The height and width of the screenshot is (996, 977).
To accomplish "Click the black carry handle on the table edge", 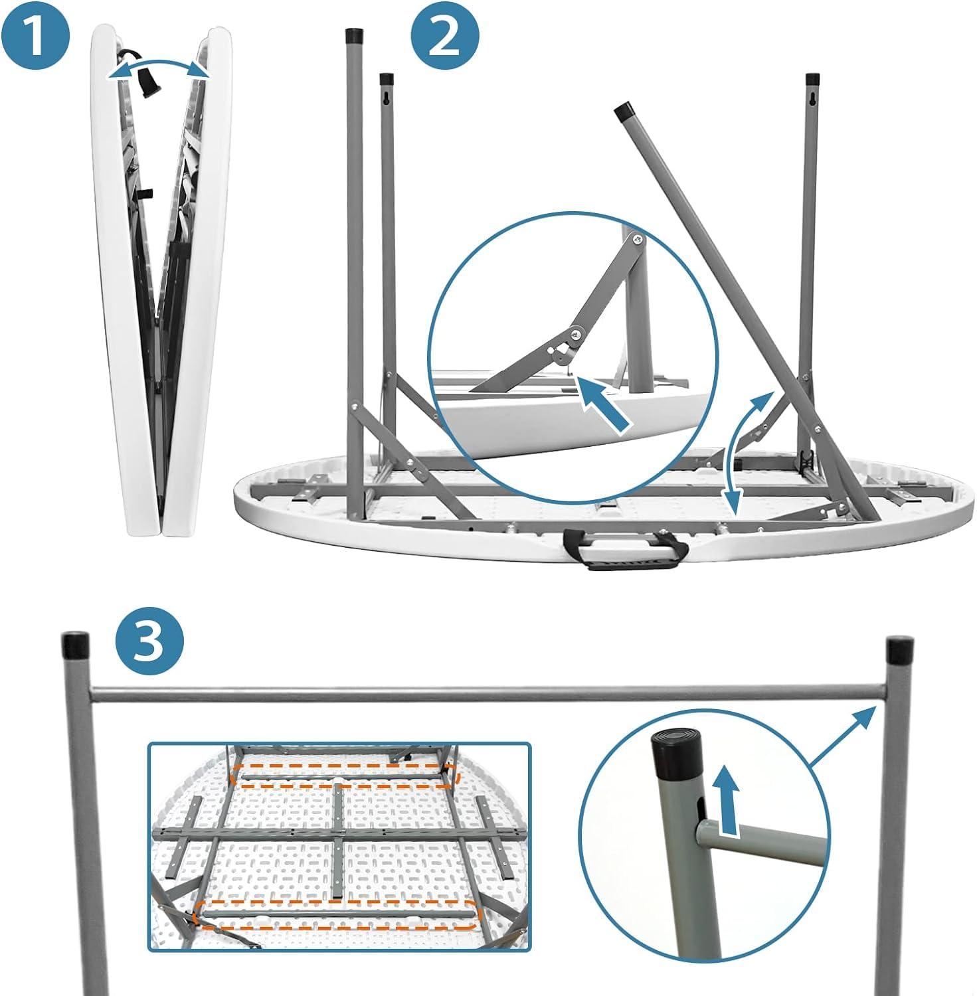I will [626, 548].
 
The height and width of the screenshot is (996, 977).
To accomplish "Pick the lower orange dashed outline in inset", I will [336, 917].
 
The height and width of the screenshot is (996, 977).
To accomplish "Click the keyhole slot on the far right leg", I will [812, 100].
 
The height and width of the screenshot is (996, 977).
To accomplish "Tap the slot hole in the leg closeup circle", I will [700, 810].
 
